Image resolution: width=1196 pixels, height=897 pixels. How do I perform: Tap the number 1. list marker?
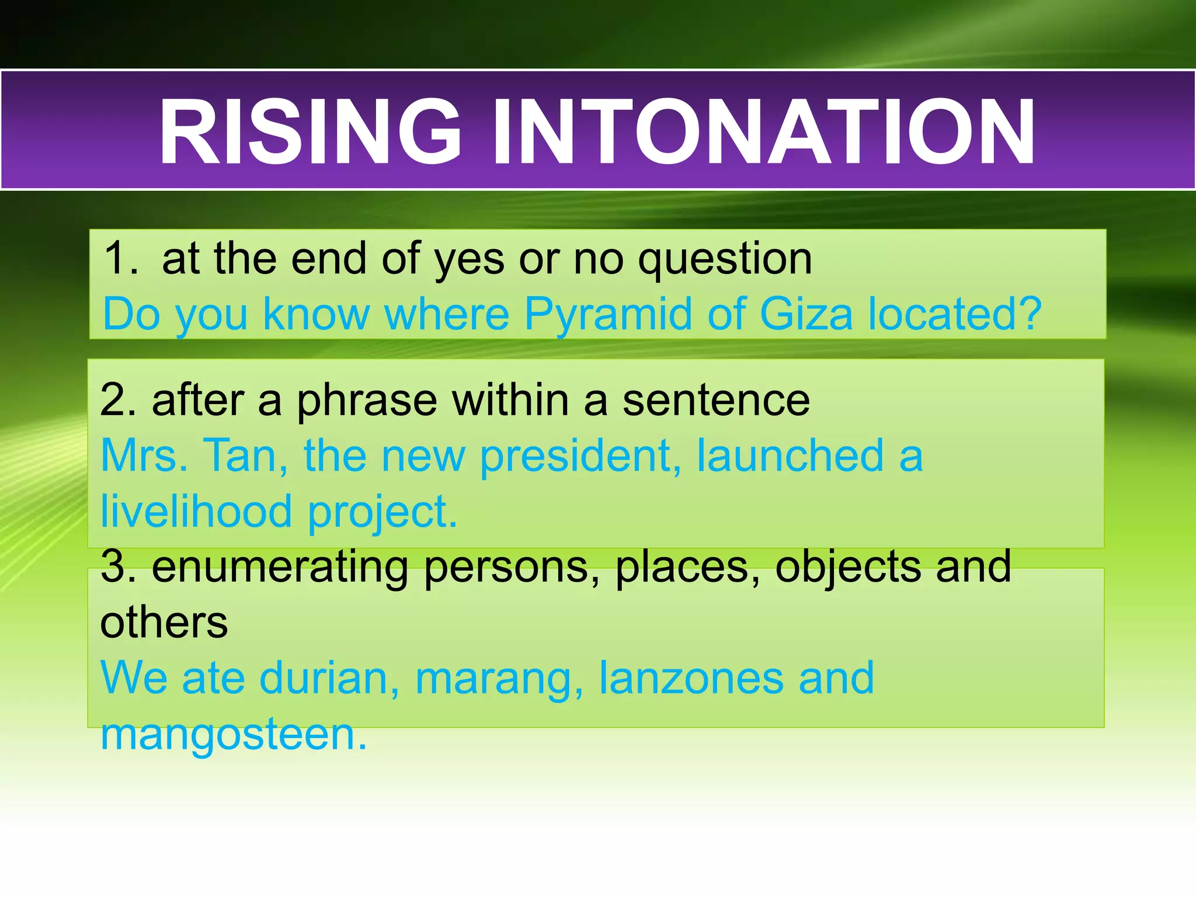click(121, 258)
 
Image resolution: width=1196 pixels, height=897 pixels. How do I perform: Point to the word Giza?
click(806, 314)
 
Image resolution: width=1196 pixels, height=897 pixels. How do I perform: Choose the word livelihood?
click(196, 512)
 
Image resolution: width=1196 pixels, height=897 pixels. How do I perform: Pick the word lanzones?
click(691, 679)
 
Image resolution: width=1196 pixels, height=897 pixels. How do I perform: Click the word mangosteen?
click(234, 735)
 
